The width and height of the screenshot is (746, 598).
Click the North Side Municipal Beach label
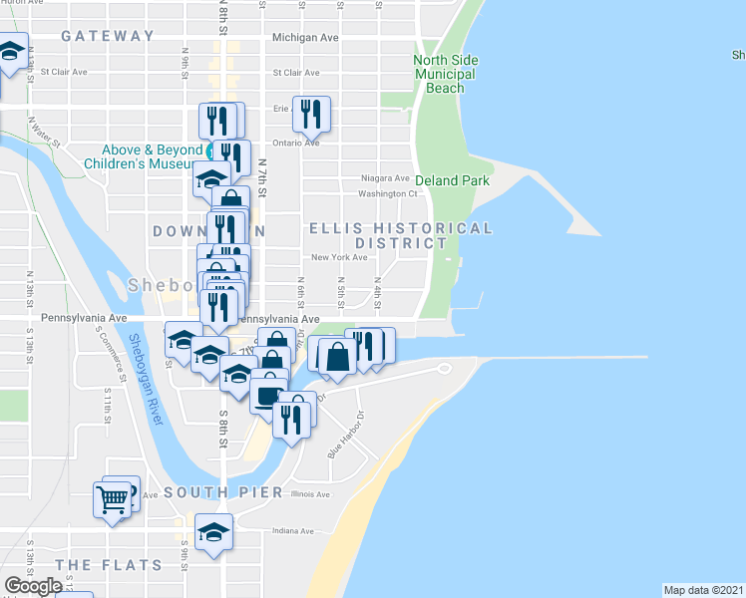pyautogui.click(x=445, y=74)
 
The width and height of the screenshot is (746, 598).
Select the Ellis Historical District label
pyautogui.click(x=401, y=235)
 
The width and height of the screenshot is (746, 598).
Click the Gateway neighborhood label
pyautogui.click(x=108, y=36)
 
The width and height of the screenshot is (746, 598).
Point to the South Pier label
pyautogui.click(x=217, y=492)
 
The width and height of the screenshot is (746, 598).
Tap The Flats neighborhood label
pyautogui.click(x=109, y=565)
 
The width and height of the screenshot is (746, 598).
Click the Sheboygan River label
pyautogui.click(x=144, y=379)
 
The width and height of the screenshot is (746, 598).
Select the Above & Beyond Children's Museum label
pyautogui.click(x=144, y=156)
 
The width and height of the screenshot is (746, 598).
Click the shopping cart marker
pyautogui.click(x=113, y=498)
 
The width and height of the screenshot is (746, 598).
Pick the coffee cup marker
pyautogui.click(x=267, y=395)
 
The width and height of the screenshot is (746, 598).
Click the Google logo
pyautogui.click(x=33, y=586)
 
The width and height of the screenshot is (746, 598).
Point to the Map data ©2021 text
pyautogui.click(x=704, y=590)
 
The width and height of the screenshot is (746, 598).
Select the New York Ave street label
pyautogui.click(x=333, y=257)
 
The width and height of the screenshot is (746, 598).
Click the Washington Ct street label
pyautogui.click(x=387, y=193)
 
